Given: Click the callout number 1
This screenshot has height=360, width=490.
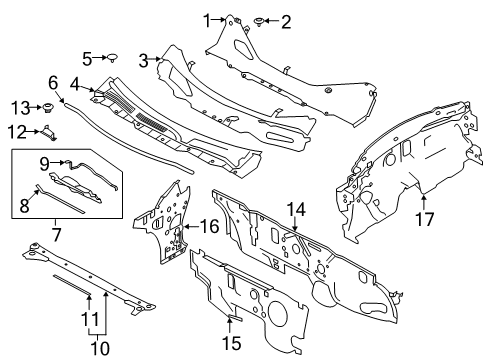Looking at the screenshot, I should (x=208, y=19).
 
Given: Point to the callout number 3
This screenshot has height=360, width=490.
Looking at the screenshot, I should (x=144, y=60).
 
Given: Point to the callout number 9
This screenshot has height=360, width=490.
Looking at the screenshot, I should (x=44, y=161).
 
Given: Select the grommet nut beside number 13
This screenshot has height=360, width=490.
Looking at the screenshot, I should (x=47, y=107).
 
